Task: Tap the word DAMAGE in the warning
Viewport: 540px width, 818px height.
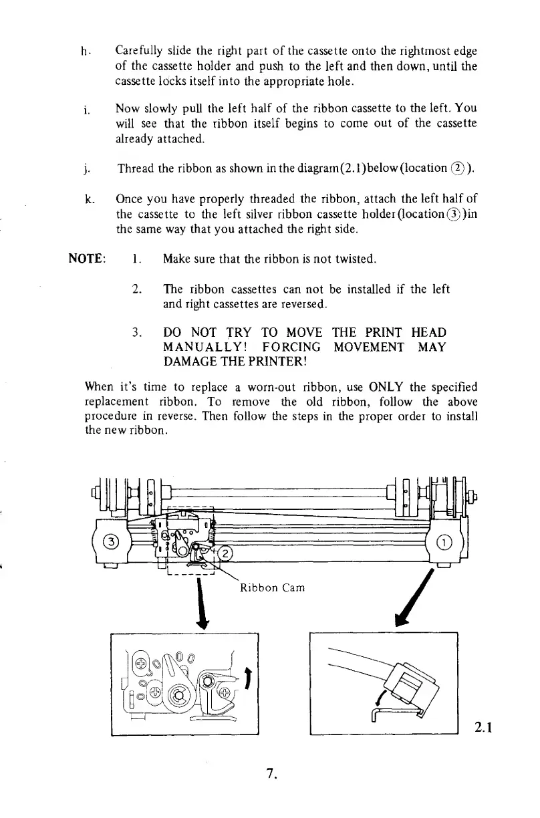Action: [x=189, y=362]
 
